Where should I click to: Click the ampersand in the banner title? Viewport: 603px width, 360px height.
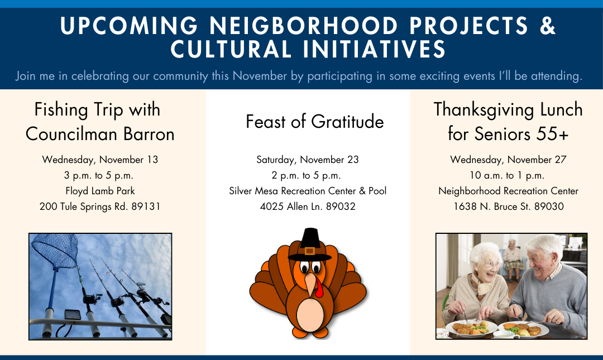pyautogui.click(x=547, y=25)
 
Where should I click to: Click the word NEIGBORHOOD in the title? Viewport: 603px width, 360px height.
pyautogui.click(x=303, y=26)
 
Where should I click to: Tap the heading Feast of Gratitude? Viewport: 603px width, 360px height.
pyautogui.click(x=314, y=122)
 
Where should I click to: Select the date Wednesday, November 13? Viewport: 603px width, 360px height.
pyautogui.click(x=100, y=160)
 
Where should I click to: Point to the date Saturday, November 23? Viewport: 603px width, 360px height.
pyautogui.click(x=308, y=160)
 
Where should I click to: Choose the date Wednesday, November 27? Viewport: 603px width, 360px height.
pyautogui.click(x=509, y=160)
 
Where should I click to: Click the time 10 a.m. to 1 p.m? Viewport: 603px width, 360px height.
pyautogui.click(x=507, y=175)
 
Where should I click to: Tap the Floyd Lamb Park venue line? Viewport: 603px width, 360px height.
pyautogui.click(x=100, y=191)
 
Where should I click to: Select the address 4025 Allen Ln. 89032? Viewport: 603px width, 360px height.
pyautogui.click(x=308, y=207)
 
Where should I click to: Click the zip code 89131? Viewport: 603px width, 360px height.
pyautogui.click(x=146, y=207)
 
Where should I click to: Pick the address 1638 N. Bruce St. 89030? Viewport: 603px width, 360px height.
pyautogui.click(x=509, y=207)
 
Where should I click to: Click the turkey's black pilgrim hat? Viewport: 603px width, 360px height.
pyautogui.click(x=310, y=244)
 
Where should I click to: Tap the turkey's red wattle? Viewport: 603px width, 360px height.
pyautogui.click(x=319, y=287)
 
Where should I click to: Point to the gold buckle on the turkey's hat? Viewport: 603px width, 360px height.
pyautogui.click(x=309, y=252)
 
